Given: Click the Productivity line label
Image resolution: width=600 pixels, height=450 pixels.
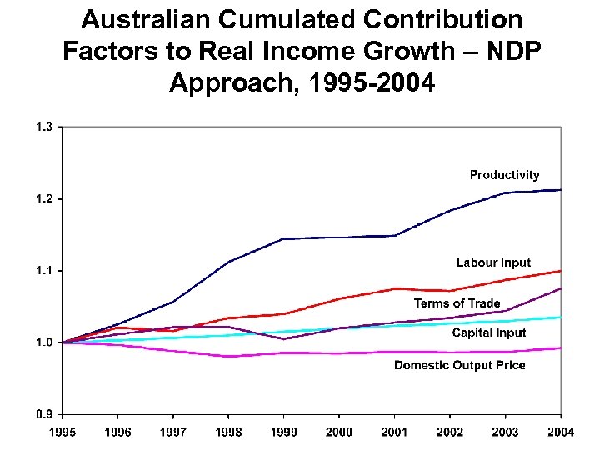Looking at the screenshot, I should point(504,175).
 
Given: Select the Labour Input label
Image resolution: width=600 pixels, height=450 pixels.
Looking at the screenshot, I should point(492,262).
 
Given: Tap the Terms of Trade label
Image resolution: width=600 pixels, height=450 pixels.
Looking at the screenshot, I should point(457,303).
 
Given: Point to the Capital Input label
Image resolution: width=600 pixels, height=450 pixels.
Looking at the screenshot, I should point(488,332).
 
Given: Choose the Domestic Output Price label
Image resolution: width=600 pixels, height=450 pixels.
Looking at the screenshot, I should point(459,365).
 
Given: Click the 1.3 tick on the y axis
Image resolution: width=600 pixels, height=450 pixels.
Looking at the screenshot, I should point(43,127).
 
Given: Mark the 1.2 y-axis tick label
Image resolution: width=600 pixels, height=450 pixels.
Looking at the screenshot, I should point(43,198).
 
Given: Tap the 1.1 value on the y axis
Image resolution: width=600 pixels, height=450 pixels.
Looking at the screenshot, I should point(43,270).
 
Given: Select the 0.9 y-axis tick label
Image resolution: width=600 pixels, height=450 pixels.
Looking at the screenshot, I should point(43,414).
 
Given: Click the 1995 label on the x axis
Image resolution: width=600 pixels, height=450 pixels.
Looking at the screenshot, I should point(62,432).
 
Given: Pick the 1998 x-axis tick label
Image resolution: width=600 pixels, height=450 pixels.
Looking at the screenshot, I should point(228,432).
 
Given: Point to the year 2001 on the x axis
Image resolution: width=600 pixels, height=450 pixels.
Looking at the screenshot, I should point(394,432).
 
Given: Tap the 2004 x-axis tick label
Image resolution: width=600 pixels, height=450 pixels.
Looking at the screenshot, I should point(561,432).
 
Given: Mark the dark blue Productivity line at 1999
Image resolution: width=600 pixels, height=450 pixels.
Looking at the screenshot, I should point(284,238).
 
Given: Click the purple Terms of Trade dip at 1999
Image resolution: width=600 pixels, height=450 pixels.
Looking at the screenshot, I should point(284,338).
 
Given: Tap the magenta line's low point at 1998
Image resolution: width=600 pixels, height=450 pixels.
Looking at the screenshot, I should point(228,357).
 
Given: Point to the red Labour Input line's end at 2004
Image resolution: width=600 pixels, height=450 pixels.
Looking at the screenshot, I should point(561,271).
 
